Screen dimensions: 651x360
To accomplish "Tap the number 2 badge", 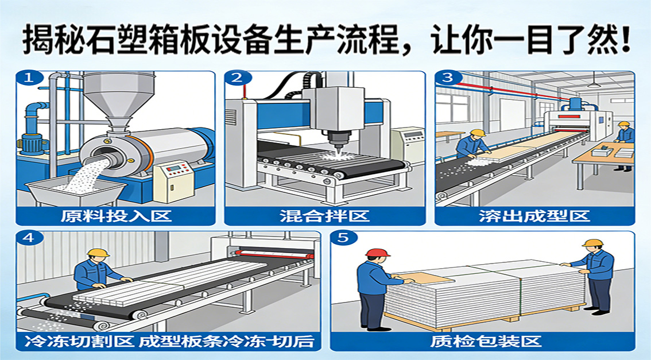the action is click(x=238, y=78).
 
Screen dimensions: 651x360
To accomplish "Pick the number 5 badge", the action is click(x=343, y=238).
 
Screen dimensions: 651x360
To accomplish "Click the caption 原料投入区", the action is click(x=116, y=216).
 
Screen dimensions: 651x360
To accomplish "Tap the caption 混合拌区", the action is click(x=324, y=216).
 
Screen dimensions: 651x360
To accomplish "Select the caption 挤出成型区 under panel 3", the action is click(x=534, y=216).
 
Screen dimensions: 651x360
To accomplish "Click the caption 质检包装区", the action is click(x=486, y=341).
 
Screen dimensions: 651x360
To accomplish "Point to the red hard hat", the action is click(x=378, y=253).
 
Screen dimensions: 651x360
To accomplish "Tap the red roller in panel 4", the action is click(x=273, y=254).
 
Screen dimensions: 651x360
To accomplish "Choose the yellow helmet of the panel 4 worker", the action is click(x=98, y=253).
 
